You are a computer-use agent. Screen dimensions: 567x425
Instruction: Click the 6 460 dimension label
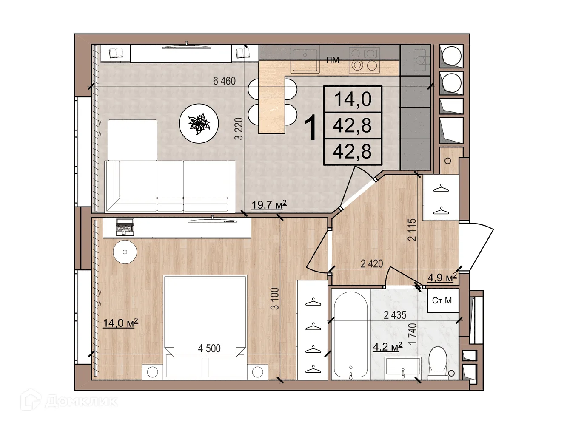pyautogui.click(x=224, y=81)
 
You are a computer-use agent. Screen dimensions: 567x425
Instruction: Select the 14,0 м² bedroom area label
pyautogui.click(x=120, y=323)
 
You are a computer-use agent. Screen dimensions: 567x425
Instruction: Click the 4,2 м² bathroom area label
pyautogui.click(x=387, y=347)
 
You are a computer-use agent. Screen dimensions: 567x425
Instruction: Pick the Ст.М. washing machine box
pyautogui.click(x=443, y=301)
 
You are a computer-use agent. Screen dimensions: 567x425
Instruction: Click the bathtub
pyautogui.click(x=350, y=335)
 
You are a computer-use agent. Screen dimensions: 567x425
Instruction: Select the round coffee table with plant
pyautogui.click(x=199, y=123)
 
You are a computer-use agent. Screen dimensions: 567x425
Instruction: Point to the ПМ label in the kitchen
pyautogui.click(x=333, y=60)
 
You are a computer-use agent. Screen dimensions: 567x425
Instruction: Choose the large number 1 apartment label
pyautogui.click(x=311, y=127)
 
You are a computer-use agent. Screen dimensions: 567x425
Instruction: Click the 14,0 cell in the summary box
pyautogui.click(x=353, y=99)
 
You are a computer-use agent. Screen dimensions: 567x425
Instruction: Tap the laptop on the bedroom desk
pyautogui.click(x=125, y=227)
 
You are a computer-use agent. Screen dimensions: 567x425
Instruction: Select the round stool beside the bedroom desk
pyautogui.click(x=125, y=252)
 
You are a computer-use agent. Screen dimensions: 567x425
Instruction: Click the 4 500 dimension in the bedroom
pyautogui.click(x=209, y=348)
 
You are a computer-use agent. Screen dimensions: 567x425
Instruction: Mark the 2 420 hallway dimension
pyautogui.click(x=372, y=264)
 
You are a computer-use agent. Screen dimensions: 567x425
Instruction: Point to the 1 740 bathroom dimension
pyautogui.click(x=413, y=334)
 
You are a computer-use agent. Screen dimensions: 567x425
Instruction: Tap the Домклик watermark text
pyautogui.click(x=81, y=401)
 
